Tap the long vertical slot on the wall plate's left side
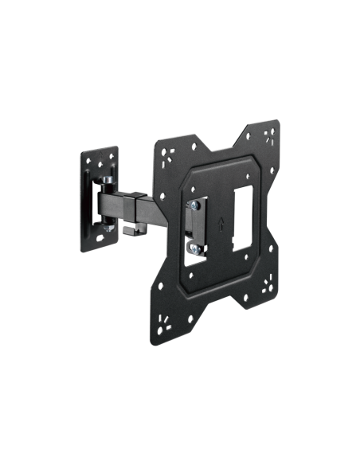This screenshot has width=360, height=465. [87, 203]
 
